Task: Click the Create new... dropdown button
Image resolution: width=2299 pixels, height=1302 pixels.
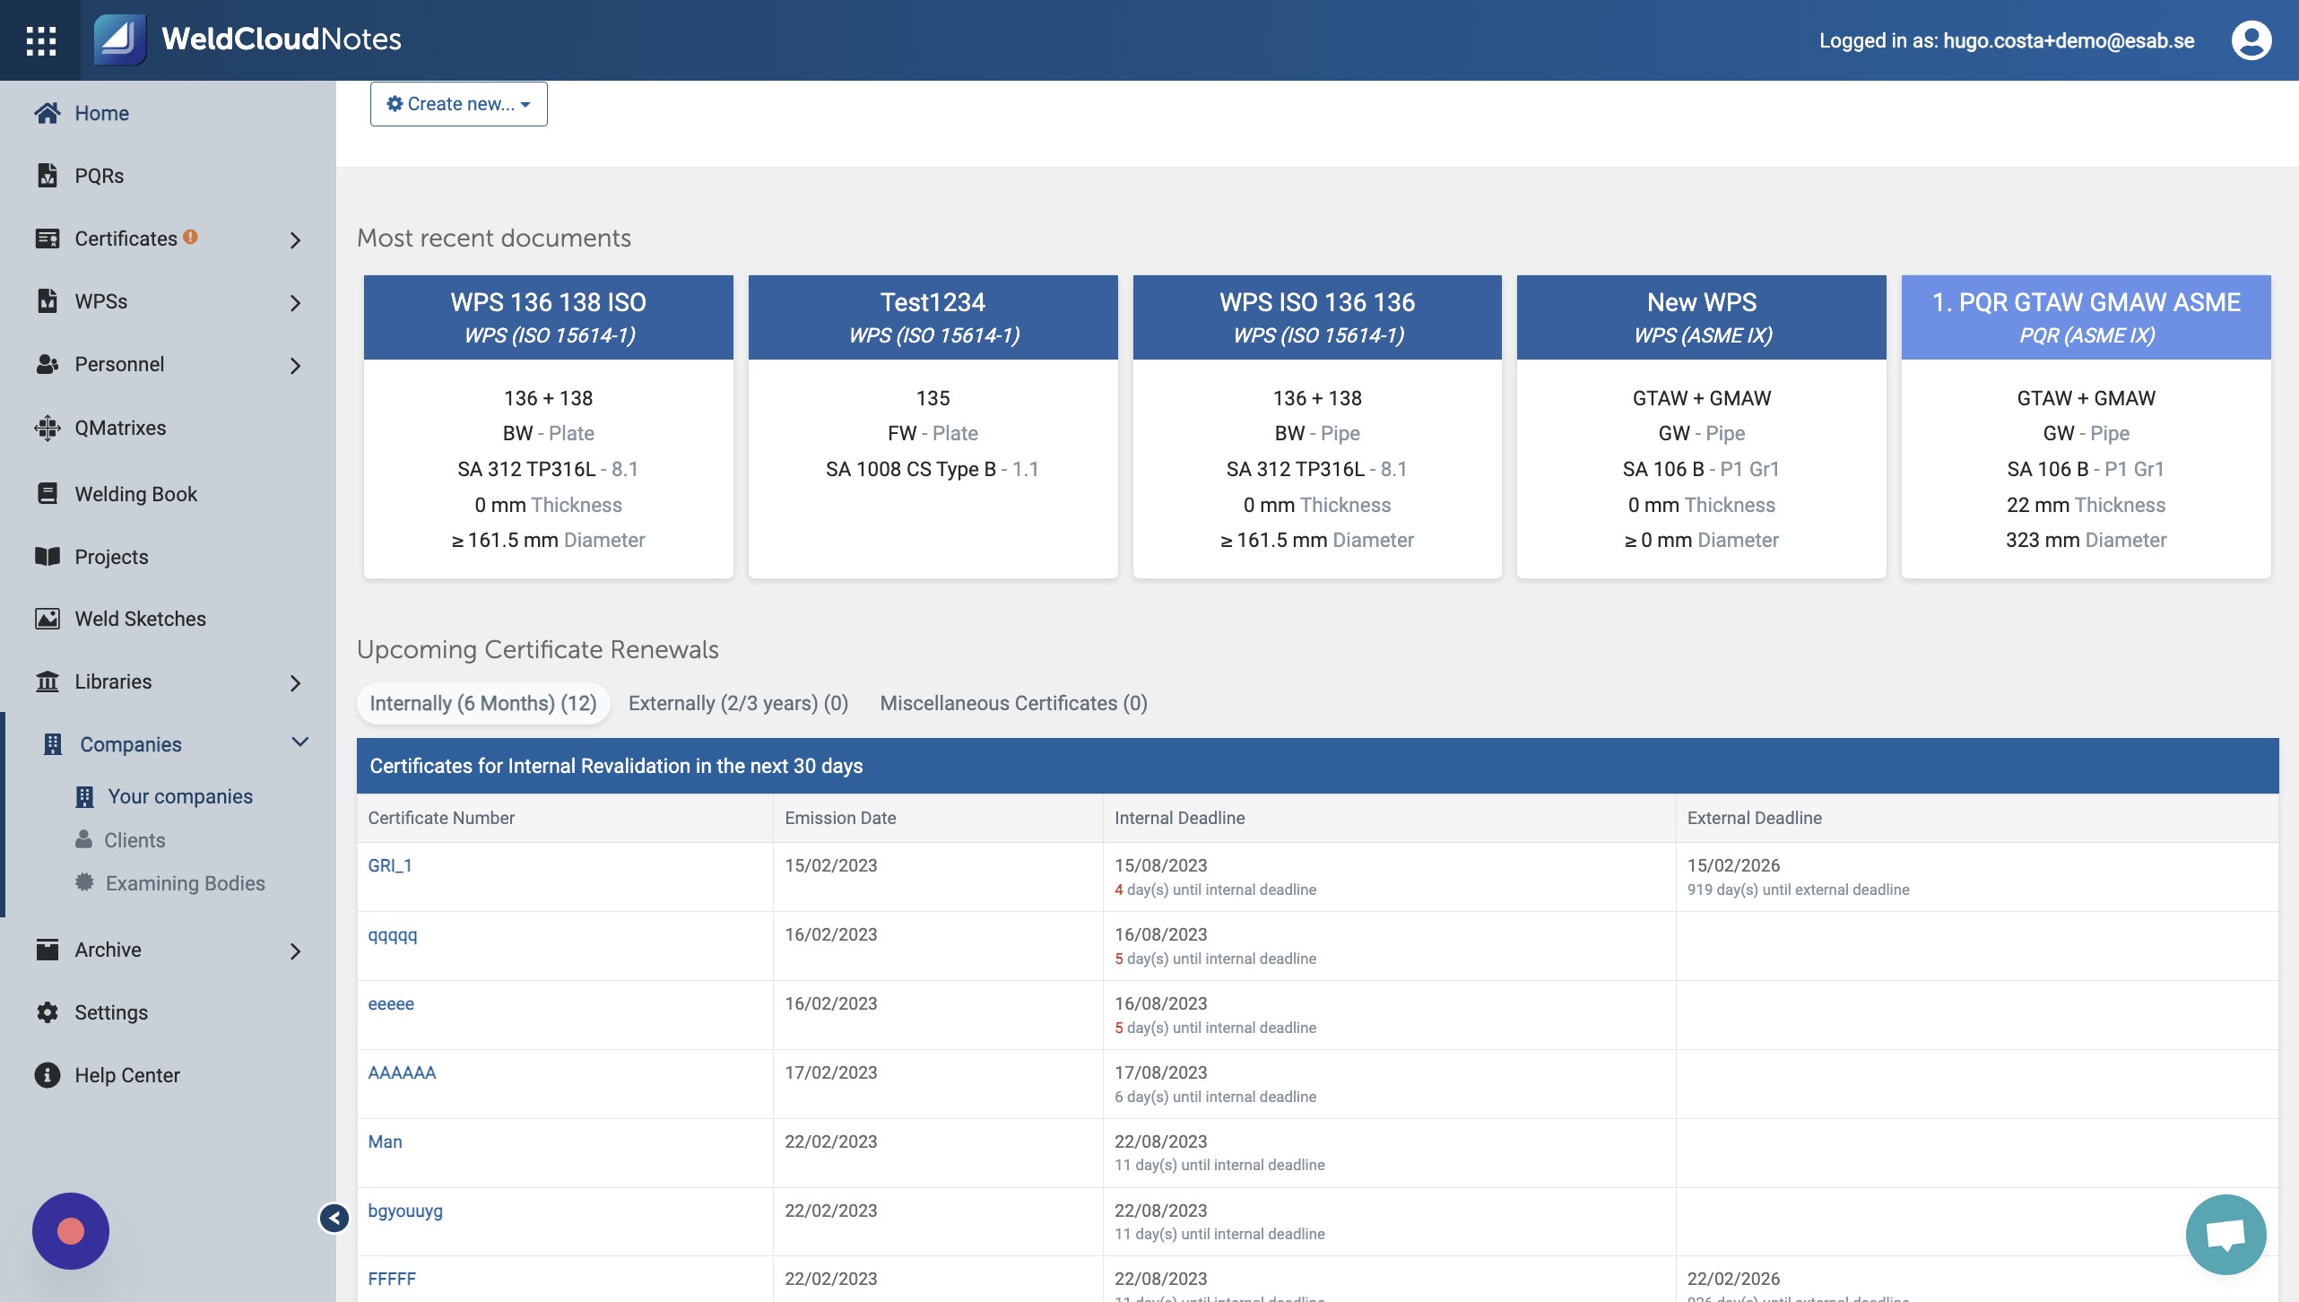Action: click(458, 104)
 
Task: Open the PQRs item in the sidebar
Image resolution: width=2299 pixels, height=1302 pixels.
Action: click(99, 176)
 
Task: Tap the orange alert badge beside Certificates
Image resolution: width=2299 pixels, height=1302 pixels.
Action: click(190, 237)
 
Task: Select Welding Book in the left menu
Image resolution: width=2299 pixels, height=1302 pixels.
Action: click(135, 494)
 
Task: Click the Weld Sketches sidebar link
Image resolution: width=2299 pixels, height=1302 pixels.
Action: click(140, 619)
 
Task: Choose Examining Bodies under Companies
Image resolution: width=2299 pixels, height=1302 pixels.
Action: click(185, 883)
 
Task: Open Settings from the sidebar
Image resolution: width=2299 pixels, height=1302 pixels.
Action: click(111, 1012)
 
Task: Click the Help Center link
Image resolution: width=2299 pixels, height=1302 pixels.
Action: click(127, 1075)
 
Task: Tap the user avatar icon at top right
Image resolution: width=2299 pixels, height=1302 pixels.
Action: click(2251, 40)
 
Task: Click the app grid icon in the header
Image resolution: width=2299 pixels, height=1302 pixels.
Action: click(41, 40)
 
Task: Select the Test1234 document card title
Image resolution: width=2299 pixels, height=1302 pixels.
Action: click(933, 302)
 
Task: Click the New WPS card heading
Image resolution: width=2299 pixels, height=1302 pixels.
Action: click(1701, 302)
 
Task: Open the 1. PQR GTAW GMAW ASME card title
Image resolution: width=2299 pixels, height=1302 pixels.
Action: click(2086, 302)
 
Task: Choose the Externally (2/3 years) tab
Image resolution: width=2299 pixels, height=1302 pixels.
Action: click(738, 703)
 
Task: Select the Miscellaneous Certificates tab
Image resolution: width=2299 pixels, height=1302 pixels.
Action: click(1013, 703)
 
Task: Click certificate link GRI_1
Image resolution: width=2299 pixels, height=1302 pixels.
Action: click(390, 865)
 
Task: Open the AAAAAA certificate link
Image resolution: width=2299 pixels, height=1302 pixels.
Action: click(402, 1072)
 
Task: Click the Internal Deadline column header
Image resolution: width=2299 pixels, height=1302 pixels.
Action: click(1179, 818)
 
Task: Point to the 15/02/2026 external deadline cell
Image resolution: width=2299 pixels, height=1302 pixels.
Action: click(1733, 865)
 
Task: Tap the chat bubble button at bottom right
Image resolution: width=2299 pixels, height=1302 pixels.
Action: click(2225, 1235)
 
